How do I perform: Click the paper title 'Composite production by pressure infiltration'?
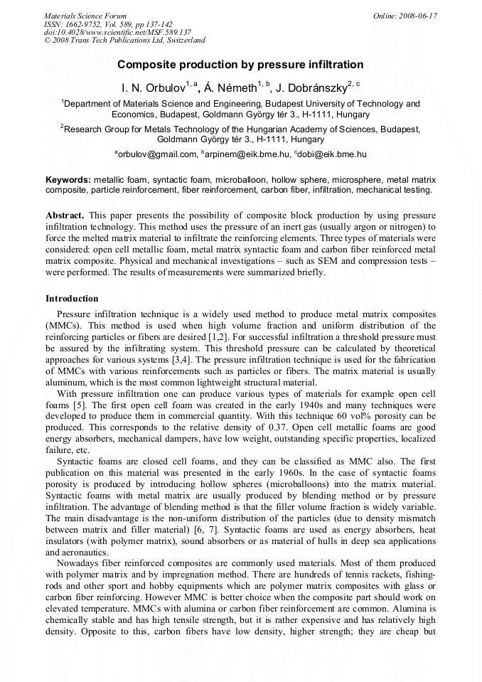240,65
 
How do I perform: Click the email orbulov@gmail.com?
156,154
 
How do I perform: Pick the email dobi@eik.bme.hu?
333,154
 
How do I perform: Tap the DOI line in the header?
117,32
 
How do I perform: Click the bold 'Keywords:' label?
68,181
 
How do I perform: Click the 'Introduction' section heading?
72,299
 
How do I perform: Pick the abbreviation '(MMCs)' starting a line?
62,325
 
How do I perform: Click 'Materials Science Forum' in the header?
85,16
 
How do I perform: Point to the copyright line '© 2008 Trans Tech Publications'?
124,41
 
